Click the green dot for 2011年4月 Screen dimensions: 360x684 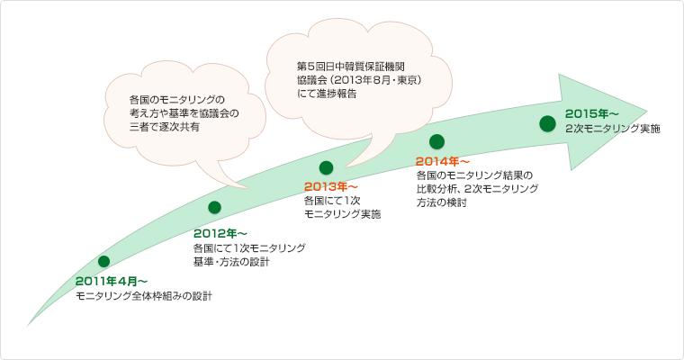coord(103,261)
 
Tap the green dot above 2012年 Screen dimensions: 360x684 coord(214,208)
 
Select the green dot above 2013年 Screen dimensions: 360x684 coord(326,166)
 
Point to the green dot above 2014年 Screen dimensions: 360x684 coord(437,140)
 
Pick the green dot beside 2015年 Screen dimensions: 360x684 coord(546,123)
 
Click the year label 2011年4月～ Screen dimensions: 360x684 coord(112,282)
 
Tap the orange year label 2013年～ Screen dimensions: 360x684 coord(331,186)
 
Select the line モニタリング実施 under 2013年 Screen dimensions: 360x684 coord(342,214)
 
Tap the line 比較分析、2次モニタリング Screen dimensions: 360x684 coord(477,189)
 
